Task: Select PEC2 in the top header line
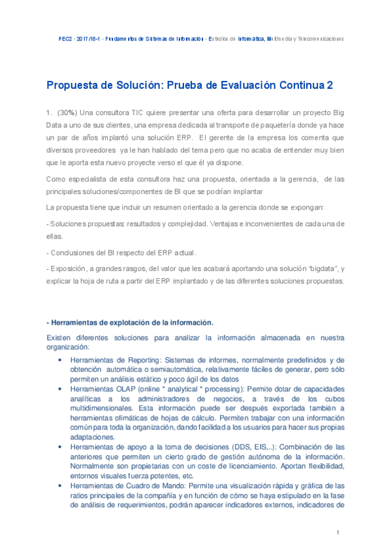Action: click(x=65, y=39)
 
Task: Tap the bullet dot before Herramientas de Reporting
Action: click(x=60, y=359)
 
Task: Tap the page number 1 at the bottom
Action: click(x=339, y=533)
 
